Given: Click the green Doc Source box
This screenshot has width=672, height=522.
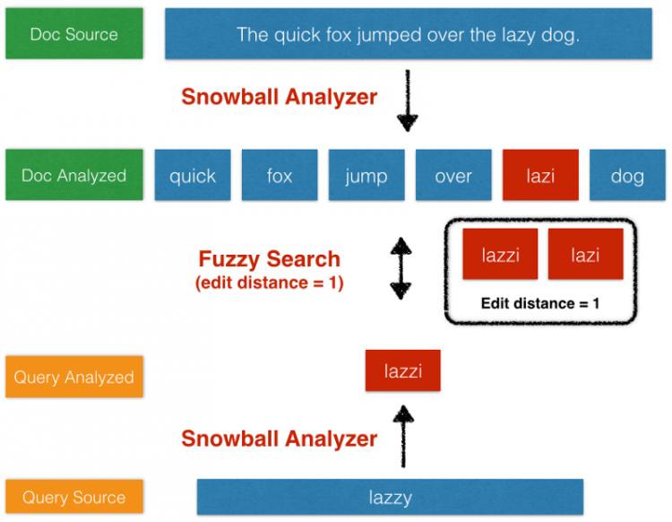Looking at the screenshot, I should [73, 34].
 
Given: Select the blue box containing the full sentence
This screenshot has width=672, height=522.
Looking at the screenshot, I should [408, 34].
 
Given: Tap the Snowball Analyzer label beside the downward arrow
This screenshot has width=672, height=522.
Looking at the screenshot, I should [279, 97].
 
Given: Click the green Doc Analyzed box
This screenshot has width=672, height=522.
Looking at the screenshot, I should [73, 175].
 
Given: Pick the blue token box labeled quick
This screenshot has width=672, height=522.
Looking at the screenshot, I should [193, 175].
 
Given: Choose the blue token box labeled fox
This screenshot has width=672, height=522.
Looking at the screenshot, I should [280, 175].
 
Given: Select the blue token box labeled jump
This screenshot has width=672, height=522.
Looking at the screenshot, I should [366, 175].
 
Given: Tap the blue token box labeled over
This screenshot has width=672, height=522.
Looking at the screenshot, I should [453, 175].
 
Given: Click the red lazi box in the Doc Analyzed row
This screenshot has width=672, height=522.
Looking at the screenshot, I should [540, 175].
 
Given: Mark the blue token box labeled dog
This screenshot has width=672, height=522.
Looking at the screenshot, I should [627, 175].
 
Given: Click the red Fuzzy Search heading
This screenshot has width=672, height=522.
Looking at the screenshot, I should [269, 260].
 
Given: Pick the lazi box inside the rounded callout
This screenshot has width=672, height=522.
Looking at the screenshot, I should [584, 255].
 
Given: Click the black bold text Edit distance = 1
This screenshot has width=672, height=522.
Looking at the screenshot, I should [540, 303].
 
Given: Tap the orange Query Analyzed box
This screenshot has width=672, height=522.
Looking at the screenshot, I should [73, 377].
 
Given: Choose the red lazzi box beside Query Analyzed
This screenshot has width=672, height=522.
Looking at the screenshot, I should [402, 370].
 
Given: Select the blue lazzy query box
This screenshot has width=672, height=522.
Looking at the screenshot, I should [390, 497].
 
